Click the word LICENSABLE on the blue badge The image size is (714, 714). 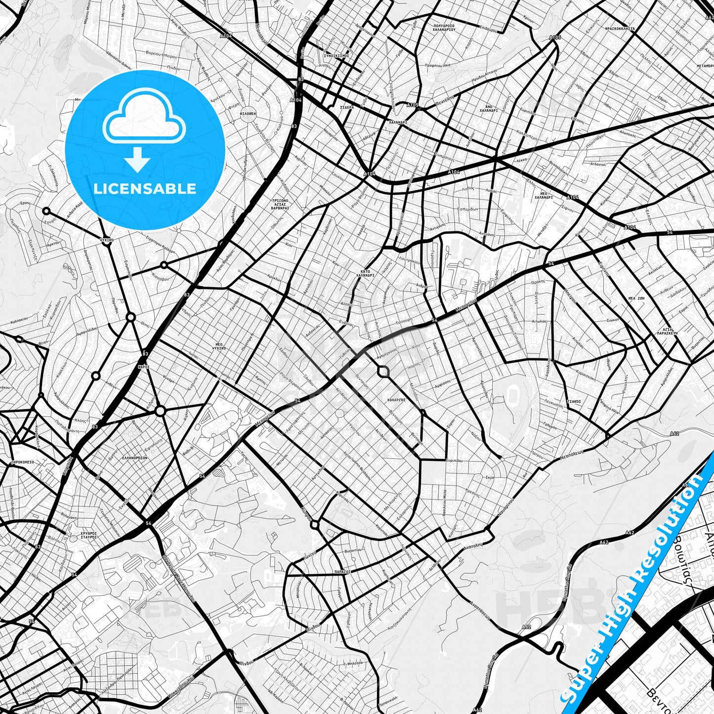pos(145,189)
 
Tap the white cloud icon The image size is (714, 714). pos(144,119)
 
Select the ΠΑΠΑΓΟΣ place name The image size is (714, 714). pos(341,571)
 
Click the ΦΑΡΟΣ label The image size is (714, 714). pos(144,367)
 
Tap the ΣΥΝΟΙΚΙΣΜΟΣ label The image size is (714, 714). pos(336,56)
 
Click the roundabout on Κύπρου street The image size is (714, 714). pos(315,525)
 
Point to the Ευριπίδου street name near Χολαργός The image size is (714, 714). pos(454,460)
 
